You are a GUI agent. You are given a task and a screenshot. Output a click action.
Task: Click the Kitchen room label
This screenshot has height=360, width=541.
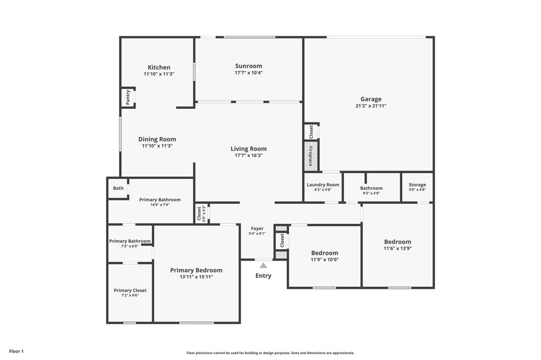click(x=159, y=68)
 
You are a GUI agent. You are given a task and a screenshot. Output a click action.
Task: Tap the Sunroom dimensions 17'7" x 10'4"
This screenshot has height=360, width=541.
click(x=248, y=73)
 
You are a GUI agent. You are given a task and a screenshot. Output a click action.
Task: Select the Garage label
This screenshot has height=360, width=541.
click(x=371, y=99)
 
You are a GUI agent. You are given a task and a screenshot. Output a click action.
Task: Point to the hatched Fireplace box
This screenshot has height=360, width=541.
click(x=311, y=156)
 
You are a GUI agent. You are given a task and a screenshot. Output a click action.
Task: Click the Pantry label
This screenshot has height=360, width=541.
click(x=128, y=97)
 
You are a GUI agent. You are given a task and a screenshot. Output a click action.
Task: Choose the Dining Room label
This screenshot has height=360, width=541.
click(x=157, y=139)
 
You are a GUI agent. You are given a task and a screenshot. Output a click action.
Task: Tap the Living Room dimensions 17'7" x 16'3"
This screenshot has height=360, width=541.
click(x=248, y=156)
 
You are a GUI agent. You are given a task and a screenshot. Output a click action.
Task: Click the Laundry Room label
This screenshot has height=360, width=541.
click(x=323, y=185)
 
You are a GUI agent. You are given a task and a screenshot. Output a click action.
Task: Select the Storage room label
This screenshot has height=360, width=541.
click(x=417, y=185)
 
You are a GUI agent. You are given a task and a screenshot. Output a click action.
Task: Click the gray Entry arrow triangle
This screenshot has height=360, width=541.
click(x=263, y=266)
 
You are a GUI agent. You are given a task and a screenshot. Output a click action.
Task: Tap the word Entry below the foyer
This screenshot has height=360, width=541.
click(x=263, y=276)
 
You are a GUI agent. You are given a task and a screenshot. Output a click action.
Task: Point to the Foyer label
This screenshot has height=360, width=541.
click(x=257, y=229)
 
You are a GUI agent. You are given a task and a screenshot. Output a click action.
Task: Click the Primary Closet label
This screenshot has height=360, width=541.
click(x=130, y=290)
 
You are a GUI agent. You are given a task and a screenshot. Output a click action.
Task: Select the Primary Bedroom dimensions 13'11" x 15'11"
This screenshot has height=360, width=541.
click(x=196, y=277)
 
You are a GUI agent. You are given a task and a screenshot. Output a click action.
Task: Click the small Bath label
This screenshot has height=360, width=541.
click(x=118, y=188)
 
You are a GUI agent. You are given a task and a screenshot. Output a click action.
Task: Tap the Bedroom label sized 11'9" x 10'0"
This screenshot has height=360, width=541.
click(x=324, y=253)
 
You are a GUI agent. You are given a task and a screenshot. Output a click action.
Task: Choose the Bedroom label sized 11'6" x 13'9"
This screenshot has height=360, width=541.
click(x=397, y=242)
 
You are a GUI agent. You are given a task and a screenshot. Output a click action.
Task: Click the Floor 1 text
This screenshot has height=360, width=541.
click(x=16, y=351)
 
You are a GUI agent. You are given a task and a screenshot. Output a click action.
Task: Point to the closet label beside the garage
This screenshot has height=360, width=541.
click(x=311, y=131)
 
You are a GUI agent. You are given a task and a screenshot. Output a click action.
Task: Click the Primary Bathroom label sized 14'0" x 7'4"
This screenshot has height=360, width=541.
click(x=160, y=200)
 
